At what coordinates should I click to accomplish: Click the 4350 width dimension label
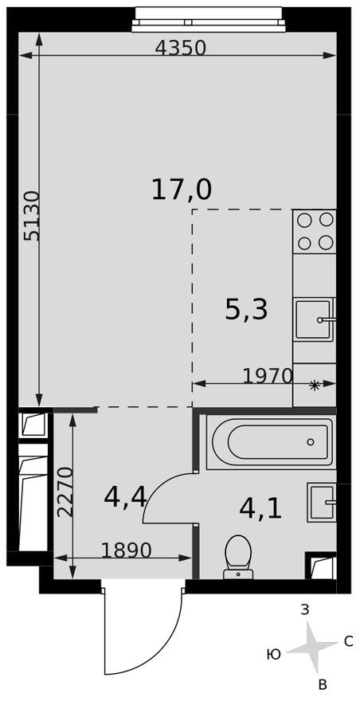[x=181, y=48]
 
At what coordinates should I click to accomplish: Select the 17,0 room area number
[x=182, y=190]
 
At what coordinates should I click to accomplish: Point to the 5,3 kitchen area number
[x=246, y=310]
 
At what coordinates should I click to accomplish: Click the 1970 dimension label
[x=268, y=376]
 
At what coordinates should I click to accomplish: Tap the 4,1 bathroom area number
[x=260, y=507]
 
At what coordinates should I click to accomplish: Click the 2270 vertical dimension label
[x=65, y=492]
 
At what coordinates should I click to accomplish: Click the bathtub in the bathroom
[x=269, y=441]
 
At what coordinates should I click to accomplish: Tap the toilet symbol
[x=237, y=554]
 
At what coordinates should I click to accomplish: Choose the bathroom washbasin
[x=322, y=502]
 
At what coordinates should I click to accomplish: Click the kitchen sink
[x=314, y=319]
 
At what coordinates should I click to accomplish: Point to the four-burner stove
[x=315, y=231]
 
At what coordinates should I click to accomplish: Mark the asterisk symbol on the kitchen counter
[x=315, y=386]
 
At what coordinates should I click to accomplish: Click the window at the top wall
[x=208, y=18]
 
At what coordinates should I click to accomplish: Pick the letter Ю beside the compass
[x=273, y=654]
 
